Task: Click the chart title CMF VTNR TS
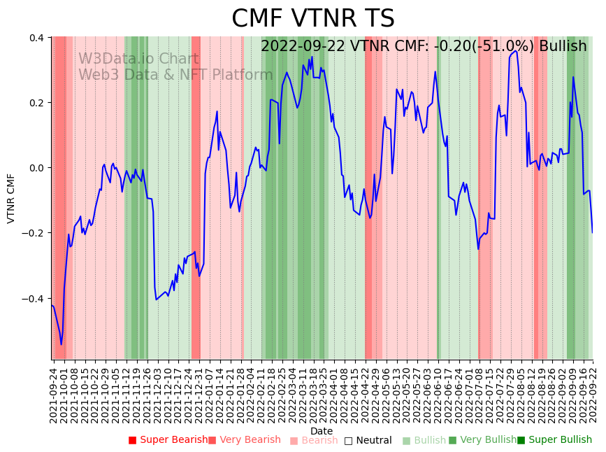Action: [312, 19]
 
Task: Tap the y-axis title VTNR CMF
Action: [11, 198]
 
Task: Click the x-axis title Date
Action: [322, 431]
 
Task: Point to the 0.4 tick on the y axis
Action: [37, 38]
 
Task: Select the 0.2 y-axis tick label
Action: [37, 103]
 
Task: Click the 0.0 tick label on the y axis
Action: [37, 168]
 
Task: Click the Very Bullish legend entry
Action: [482, 440]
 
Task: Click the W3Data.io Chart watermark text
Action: [138, 59]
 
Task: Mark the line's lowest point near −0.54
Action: [61, 344]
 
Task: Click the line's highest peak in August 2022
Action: [515, 50]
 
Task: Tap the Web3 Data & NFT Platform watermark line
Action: [175, 75]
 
